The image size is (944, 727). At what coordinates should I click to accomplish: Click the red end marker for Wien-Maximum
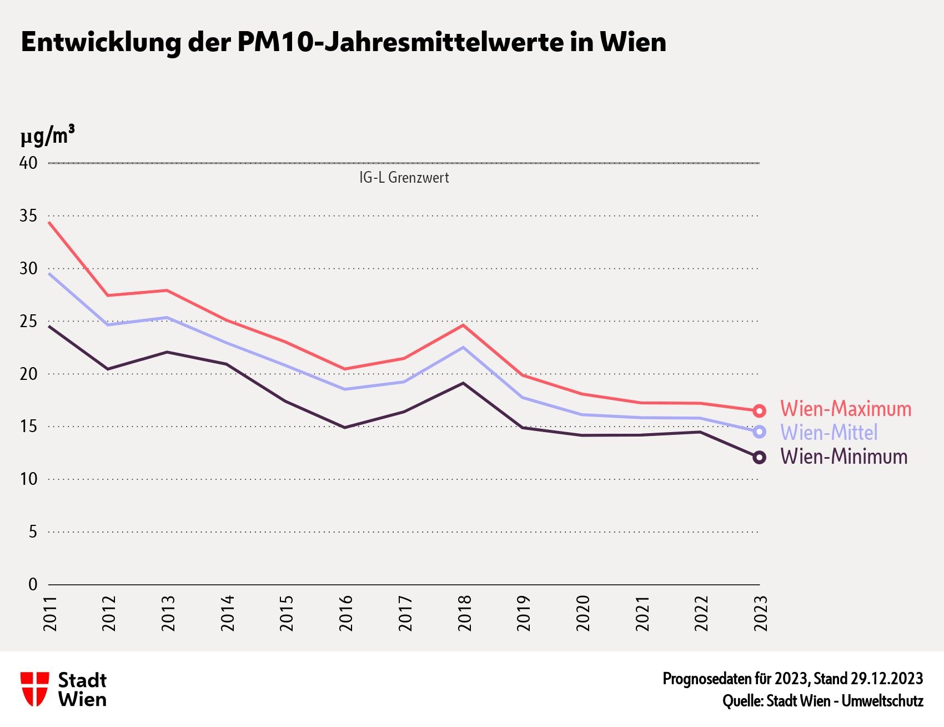tap(759, 411)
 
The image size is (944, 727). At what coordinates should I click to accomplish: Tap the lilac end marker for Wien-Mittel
tap(759, 432)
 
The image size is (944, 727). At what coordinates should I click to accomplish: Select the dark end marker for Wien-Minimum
tap(759, 457)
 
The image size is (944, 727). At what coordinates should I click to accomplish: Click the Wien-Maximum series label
tap(845, 409)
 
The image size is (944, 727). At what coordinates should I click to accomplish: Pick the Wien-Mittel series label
tap(828, 433)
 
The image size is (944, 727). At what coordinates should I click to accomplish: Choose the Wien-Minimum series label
tap(843, 457)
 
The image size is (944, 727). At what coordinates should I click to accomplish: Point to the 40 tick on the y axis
tap(29, 163)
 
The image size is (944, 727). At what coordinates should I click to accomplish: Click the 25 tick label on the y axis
tap(29, 321)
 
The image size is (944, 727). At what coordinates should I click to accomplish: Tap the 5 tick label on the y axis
tap(33, 532)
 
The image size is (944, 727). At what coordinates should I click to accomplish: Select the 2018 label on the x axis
tap(464, 613)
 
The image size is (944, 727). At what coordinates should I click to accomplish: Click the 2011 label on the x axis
tap(50, 613)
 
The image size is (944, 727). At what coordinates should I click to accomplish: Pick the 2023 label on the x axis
tap(760, 613)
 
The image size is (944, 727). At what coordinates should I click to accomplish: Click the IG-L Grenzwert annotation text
tap(404, 178)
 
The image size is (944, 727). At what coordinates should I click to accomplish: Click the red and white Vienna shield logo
tap(34, 689)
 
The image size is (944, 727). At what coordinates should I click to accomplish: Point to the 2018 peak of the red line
tap(463, 325)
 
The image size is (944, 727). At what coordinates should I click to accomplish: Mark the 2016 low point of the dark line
tap(344, 427)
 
